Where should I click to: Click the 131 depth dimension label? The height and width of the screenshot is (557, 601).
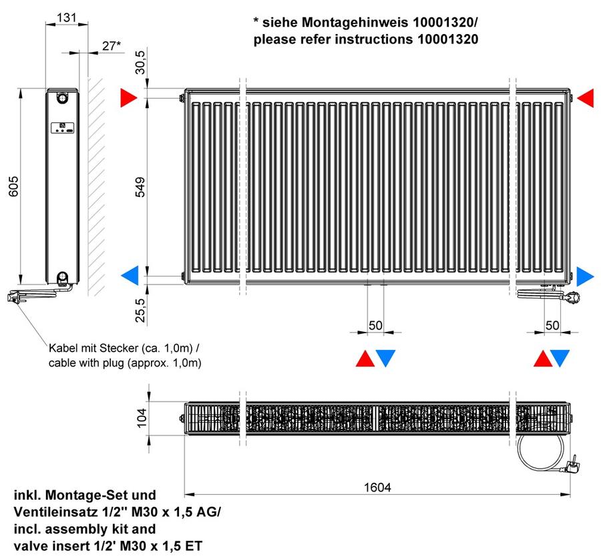click(x=66, y=17)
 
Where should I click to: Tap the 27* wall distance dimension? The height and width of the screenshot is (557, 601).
click(x=111, y=45)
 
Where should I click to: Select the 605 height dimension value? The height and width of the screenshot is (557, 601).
click(x=13, y=186)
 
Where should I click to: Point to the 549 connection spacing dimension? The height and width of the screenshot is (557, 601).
click(x=141, y=187)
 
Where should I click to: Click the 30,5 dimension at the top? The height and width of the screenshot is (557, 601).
click(x=141, y=62)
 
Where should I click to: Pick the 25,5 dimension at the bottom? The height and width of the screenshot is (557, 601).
click(x=141, y=310)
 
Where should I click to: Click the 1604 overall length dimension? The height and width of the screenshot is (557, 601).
click(x=377, y=488)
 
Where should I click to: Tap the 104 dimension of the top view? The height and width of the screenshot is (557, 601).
click(x=142, y=417)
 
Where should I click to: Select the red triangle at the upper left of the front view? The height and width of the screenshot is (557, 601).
click(x=128, y=98)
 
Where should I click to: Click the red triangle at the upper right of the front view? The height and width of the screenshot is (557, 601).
click(x=585, y=98)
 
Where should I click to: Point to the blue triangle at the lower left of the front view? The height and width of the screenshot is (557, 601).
click(x=130, y=276)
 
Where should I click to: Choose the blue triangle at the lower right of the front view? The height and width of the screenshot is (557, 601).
click(x=585, y=276)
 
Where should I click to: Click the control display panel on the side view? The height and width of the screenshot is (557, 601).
click(x=63, y=128)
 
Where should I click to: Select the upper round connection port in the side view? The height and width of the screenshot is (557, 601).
click(x=62, y=98)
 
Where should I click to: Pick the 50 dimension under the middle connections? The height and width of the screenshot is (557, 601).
click(x=375, y=325)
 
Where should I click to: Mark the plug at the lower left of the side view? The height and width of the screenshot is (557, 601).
click(x=14, y=297)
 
